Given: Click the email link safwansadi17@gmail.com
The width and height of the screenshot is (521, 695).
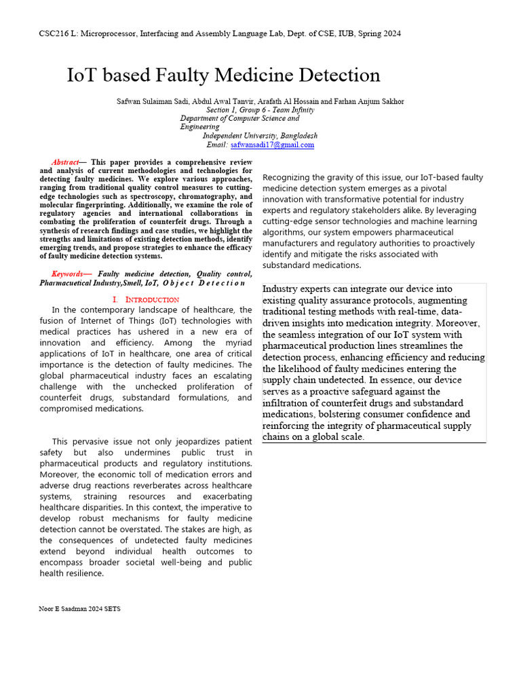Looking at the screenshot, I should coord(272,145).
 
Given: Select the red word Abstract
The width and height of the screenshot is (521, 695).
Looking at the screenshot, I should coord(65,162).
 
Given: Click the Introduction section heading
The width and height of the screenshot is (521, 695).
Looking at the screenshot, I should coord(146,299).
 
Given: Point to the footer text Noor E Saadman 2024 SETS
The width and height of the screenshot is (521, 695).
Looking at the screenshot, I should coord(79,609).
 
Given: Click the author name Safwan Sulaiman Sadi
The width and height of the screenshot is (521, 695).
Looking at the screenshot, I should coord(146,101).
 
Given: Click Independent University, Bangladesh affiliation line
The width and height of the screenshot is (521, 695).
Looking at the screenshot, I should coord(260,136).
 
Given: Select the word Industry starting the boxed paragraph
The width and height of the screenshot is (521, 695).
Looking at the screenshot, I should coord(280,289).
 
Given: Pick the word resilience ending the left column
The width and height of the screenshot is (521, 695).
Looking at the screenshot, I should coord(83,573).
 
